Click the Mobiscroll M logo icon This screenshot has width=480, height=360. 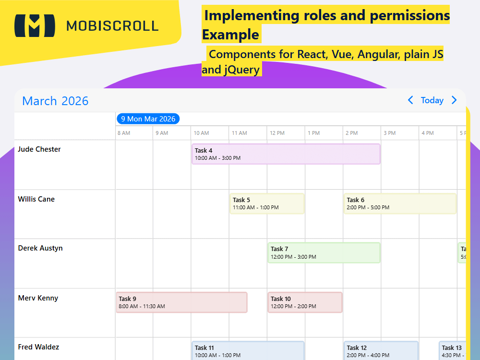pos(34,25)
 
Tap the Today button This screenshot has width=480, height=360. pos(432,100)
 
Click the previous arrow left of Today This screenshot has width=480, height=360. pos(410,100)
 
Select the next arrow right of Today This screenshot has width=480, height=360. pos(454,100)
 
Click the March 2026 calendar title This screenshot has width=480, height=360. pos(55,101)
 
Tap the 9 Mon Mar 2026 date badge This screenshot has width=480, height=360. pos(148,119)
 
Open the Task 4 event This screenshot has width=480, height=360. pos(286,154)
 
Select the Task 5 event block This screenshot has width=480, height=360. pos(267,204)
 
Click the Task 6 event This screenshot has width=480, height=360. pos(400,204)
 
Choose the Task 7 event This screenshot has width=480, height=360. pos(324,252)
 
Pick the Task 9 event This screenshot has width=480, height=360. pos(181,302)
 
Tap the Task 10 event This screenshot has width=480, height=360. pos(305,302)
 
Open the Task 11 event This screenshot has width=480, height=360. pos(248,351)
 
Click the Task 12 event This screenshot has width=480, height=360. pos(381,351)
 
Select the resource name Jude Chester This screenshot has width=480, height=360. pos(39,149)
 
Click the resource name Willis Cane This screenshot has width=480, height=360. pos(36,199)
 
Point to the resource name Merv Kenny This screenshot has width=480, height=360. pos(38,298)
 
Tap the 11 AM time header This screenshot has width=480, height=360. pos(240,133)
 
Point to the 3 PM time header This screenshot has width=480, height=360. pos(389,133)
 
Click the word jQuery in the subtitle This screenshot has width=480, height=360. pos(241,70)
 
